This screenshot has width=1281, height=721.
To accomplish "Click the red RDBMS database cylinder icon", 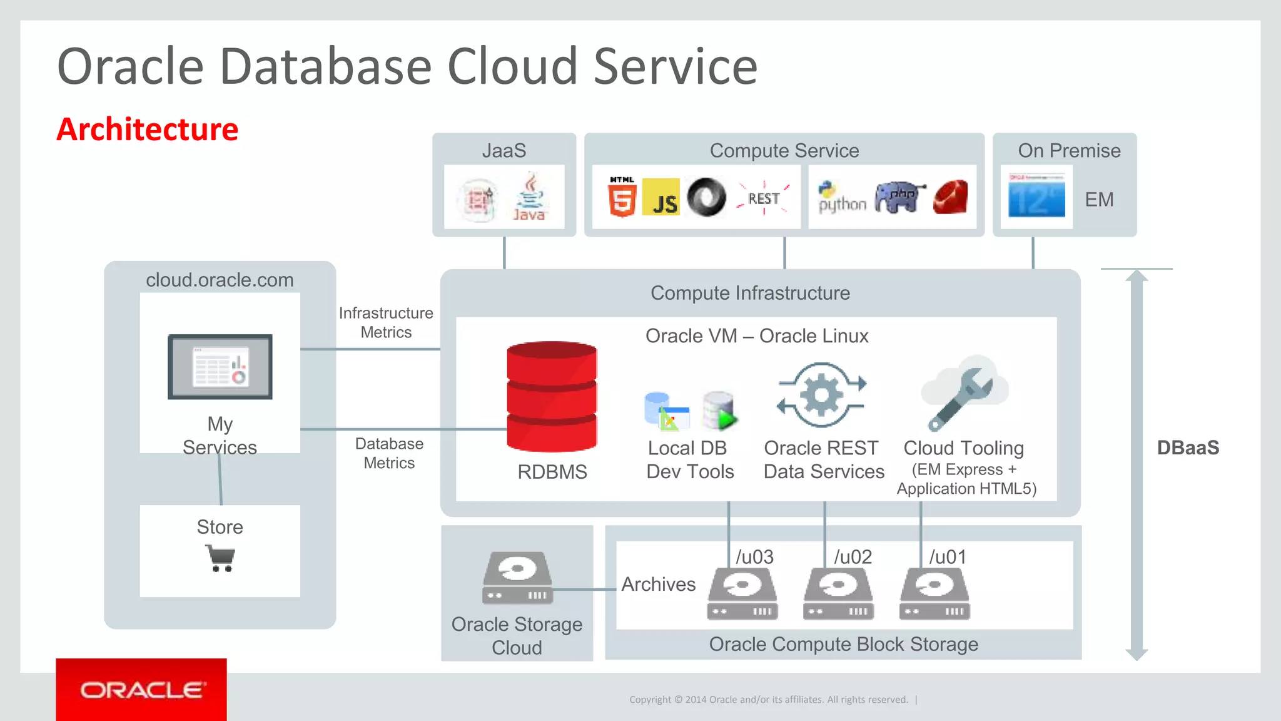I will click(x=552, y=397).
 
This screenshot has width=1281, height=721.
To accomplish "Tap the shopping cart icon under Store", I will click(x=220, y=558).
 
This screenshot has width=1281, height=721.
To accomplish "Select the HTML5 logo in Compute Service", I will click(x=622, y=197).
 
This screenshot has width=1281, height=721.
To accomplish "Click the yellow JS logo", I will click(x=661, y=197).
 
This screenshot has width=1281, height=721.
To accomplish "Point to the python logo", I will click(x=841, y=198).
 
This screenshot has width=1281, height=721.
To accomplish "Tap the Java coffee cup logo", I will click(x=529, y=197).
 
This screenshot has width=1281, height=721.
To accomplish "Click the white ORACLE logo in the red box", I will click(x=142, y=690).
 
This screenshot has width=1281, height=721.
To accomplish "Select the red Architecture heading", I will click(x=148, y=130).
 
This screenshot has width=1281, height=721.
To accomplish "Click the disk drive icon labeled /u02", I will click(x=838, y=593).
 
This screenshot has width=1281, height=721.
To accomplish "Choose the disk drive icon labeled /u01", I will click(x=934, y=593).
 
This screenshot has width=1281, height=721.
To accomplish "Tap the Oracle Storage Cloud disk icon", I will click(x=518, y=577).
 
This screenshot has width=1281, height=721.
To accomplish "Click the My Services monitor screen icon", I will click(x=220, y=367).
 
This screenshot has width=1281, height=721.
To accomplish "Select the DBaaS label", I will click(x=1187, y=447).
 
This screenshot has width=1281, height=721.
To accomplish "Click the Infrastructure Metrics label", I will click(x=386, y=322).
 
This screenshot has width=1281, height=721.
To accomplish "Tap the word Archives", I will click(x=658, y=584).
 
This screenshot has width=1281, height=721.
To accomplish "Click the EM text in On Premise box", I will click(x=1099, y=200).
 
